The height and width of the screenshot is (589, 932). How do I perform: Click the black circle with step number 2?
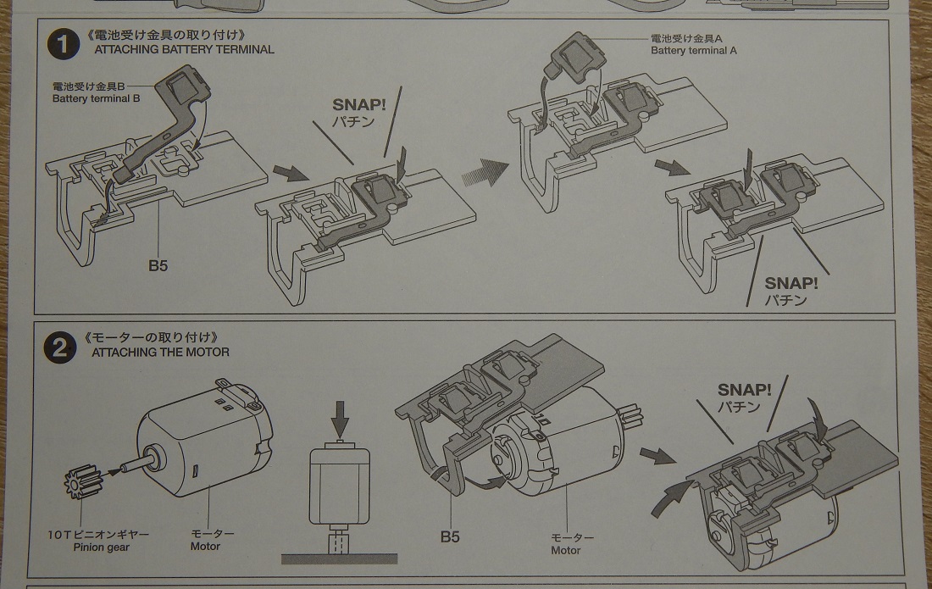[x=62, y=346]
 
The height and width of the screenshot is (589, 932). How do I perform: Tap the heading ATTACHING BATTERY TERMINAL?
[x=184, y=49]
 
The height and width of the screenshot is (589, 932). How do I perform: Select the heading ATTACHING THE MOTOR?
[x=161, y=352]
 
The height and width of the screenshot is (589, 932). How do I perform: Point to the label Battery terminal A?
[x=693, y=51]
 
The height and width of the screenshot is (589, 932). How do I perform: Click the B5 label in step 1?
[x=158, y=265]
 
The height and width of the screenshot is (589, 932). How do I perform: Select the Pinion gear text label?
[x=100, y=547]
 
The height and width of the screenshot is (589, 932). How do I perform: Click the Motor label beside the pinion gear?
[x=205, y=547]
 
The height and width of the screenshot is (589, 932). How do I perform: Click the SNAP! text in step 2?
[x=744, y=390]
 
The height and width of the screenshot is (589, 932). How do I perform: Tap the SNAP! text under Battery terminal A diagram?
[x=791, y=283]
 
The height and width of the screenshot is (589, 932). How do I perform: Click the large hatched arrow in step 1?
[x=485, y=174]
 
